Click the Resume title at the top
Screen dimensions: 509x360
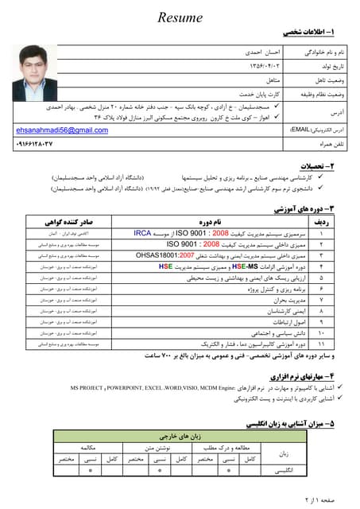click(180, 17)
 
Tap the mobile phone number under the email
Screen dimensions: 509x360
click(42, 143)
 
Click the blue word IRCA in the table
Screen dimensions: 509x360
click(144, 235)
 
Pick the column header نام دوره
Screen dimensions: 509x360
click(211, 222)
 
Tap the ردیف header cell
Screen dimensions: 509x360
click(323, 222)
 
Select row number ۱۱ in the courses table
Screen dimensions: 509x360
click(322, 344)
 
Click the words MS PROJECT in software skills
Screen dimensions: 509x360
click(88, 387)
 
